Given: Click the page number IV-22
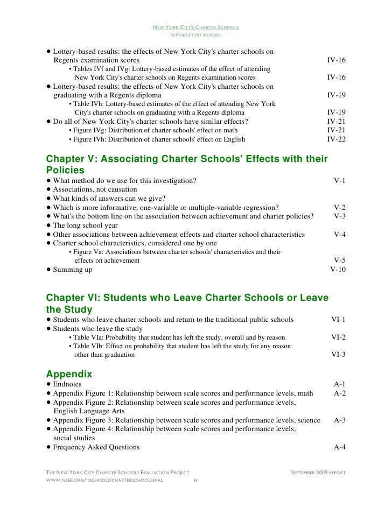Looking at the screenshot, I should pyautogui.click(x=336, y=139).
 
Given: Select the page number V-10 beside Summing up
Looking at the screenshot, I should pyautogui.click(x=337, y=270).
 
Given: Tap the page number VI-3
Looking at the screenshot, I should pyautogui.click(x=338, y=355).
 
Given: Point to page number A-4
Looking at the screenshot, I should pyautogui.click(x=339, y=447).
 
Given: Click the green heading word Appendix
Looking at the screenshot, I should pyautogui.click(x=69, y=374).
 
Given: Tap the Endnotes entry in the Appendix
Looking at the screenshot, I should pyautogui.click(x=67, y=384).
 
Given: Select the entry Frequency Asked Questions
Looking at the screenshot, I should pyautogui.click(x=96, y=447).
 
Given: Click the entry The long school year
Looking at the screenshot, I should pyautogui.click(x=85, y=226).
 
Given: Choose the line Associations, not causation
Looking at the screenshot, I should pyautogui.click(x=95, y=189).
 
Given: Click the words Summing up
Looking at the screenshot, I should pyautogui.click(x=72, y=270).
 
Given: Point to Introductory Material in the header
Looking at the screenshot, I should pyautogui.click(x=195, y=35).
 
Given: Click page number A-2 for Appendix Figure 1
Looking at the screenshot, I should pyautogui.click(x=339, y=393).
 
